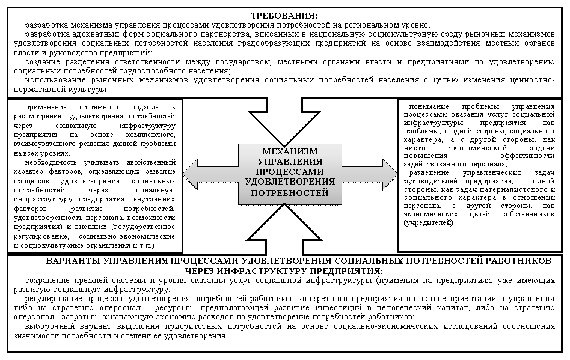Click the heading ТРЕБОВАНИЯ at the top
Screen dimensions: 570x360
(284, 16)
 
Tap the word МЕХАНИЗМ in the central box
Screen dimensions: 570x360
(290, 151)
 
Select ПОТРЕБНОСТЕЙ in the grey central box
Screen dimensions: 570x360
(290, 193)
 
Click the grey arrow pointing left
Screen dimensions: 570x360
(211, 175)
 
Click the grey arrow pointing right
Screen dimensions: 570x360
(369, 175)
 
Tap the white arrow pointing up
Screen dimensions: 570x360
(284, 229)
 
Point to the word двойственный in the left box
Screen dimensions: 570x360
(152, 162)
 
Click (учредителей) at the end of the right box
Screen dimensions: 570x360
(429, 223)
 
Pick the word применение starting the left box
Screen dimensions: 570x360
(46, 107)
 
